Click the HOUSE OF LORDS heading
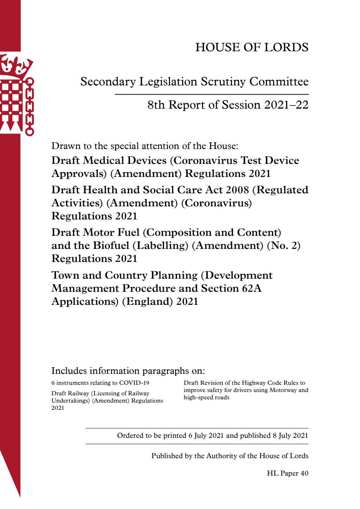click(252, 47)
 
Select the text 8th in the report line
click(156, 105)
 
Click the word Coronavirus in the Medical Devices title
click(206, 161)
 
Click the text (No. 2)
click(283, 246)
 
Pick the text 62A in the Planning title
click(251, 288)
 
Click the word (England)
click(147, 302)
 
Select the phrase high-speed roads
click(206, 397)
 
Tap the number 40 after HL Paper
click(304, 473)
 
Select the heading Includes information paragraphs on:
click(128, 371)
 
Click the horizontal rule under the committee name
click(211, 94)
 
